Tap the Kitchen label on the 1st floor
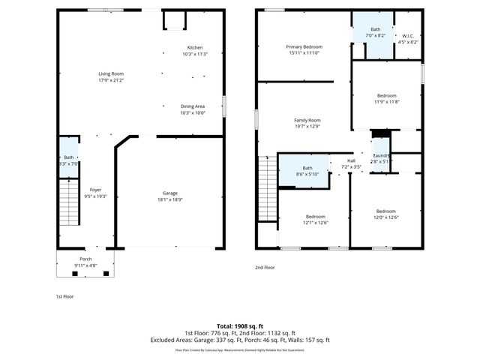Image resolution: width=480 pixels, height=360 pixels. click(194, 47)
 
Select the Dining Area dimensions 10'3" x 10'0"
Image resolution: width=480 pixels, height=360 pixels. click(193, 112)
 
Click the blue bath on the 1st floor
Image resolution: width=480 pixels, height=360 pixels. click(68, 157)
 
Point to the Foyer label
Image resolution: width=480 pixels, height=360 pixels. click(95, 190)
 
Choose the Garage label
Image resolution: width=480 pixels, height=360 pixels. click(170, 193)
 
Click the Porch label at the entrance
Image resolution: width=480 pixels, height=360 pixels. click(85, 259)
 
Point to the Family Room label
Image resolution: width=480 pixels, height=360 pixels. click(307, 120)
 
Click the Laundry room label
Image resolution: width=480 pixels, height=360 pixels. click(381, 155)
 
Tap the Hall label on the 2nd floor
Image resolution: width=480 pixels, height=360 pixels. click(351, 160)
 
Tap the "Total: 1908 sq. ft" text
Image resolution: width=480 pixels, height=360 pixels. click(240, 325)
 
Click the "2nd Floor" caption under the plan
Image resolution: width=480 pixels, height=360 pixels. click(265, 267)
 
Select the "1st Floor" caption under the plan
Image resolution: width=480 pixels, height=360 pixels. click(65, 296)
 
